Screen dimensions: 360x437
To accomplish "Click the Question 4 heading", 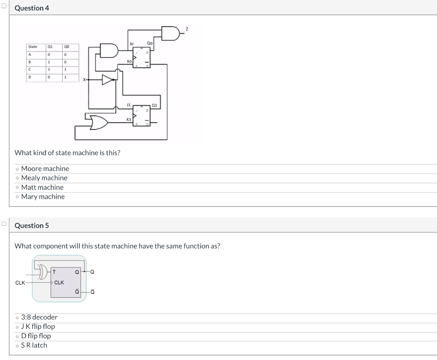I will [x=32, y=8].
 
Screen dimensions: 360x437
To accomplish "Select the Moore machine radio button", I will [x=17, y=169].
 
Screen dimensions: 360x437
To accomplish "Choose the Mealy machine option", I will [x=17, y=178].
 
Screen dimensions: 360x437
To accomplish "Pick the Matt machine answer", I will [x=17, y=188].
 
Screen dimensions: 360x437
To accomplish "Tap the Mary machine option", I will [x=17, y=197].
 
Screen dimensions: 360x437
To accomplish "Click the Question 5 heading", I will [x=32, y=226].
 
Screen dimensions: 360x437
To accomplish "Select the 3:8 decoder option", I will [x=17, y=317].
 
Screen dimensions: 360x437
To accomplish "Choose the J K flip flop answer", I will [x=17, y=327].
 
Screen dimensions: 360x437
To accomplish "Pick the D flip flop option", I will [x=17, y=336].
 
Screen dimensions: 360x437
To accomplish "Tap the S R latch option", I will [x=17, y=345].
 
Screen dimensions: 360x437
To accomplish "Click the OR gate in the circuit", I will [x=98, y=122].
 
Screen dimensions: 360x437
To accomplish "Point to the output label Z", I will [x=186, y=29].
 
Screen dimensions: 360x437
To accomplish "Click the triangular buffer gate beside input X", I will [x=108, y=80].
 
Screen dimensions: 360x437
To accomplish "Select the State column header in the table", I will [x=33, y=46].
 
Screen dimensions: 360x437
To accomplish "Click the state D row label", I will [x=30, y=77].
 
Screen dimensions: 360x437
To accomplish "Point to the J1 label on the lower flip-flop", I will [x=128, y=104].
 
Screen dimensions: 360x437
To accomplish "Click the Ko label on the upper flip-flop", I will [x=129, y=61].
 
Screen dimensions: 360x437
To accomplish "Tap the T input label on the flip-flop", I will [x=55, y=272].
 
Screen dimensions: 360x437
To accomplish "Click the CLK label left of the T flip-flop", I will [x=20, y=282].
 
